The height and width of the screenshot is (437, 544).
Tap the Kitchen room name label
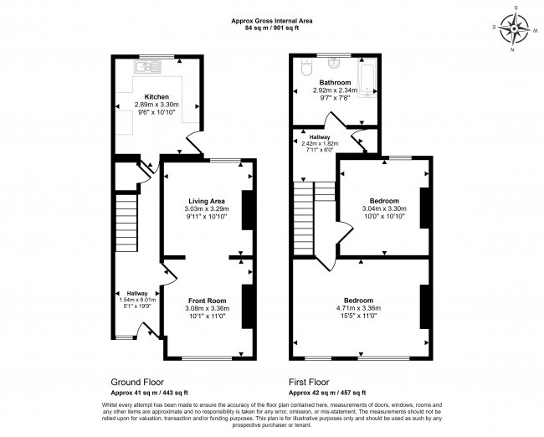click(x=157, y=96)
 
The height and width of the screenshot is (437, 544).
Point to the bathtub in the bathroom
click(x=367, y=76)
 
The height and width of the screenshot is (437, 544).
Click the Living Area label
click(x=205, y=201)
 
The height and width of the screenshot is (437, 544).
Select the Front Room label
click(x=206, y=301)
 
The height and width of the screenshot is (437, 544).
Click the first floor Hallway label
click(x=321, y=136)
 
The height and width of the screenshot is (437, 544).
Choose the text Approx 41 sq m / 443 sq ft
click(x=150, y=392)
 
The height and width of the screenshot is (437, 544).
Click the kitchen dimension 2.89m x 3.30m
click(x=157, y=105)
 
